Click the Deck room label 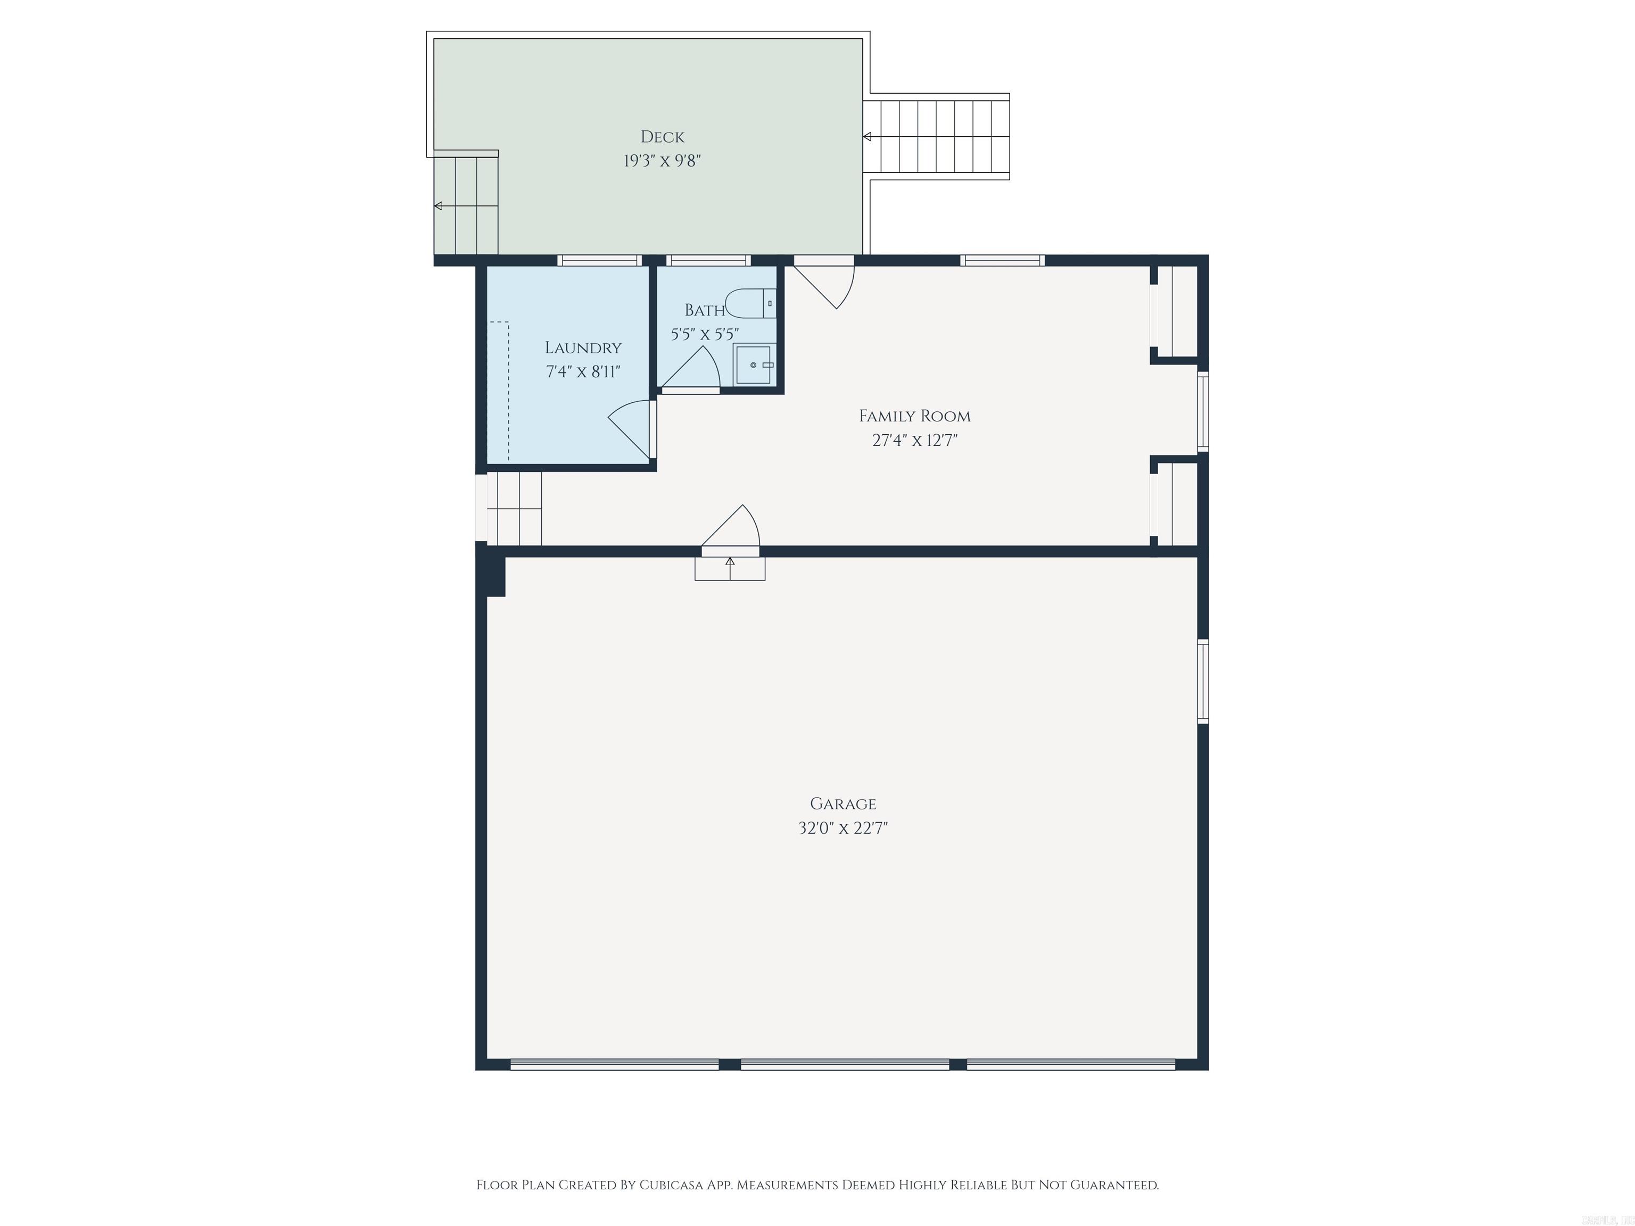point(662,137)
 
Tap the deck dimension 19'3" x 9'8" point(662,160)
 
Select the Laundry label point(583,347)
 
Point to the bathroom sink point(753,365)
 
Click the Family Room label point(914,416)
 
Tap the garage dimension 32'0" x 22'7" point(843,827)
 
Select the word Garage point(843,803)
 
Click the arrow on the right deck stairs point(867,137)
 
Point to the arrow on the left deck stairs point(439,206)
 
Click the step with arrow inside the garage point(730,568)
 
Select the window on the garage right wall point(1203,681)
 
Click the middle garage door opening point(844,1064)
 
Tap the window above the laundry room point(599,260)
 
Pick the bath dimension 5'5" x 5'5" point(705,334)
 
